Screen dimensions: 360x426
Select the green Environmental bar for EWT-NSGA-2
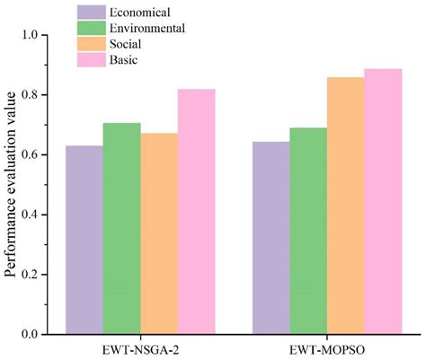[121, 228]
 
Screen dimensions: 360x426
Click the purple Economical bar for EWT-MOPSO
[271, 238]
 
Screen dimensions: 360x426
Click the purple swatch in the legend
[91, 12]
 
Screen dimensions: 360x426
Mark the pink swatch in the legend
[91, 60]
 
